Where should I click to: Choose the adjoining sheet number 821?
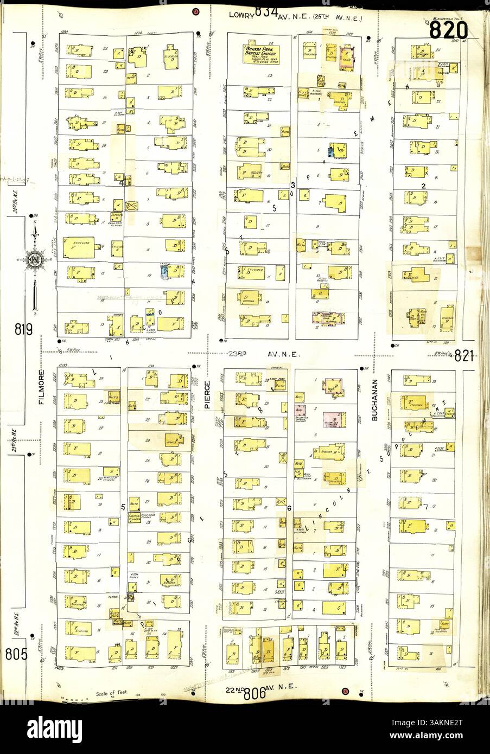click(x=464, y=356)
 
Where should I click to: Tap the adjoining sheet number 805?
click(x=17, y=654)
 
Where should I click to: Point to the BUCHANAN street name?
click(x=374, y=406)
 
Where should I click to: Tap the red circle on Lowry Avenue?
click(x=195, y=11)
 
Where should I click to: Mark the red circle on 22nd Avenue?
click(x=345, y=691)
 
